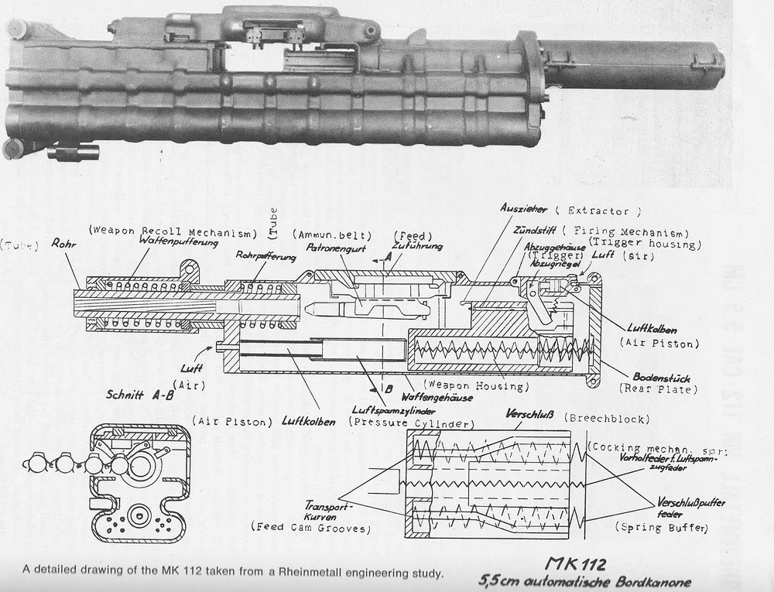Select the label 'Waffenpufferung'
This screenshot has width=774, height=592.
(170, 241)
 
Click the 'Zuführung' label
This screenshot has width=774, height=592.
(417, 246)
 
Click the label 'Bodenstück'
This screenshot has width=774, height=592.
(656, 377)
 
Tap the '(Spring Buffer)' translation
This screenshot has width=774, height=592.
(661, 526)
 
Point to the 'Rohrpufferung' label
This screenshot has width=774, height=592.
(265, 255)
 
